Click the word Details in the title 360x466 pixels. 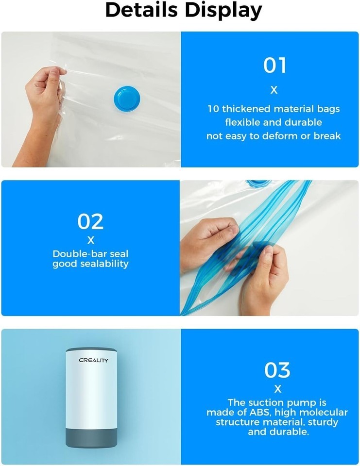click(141, 10)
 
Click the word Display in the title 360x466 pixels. click(223, 11)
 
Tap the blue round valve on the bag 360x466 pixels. click(127, 99)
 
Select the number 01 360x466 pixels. click(274, 66)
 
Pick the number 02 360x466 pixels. click(90, 222)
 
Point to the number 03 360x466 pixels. click(277, 370)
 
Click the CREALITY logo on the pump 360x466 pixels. click(93, 360)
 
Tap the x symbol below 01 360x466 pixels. click(274, 90)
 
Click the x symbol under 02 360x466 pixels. click(91, 240)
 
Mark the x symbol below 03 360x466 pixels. click(277, 389)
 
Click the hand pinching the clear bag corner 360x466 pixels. click(45, 98)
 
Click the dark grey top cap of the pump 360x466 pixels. click(91, 350)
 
